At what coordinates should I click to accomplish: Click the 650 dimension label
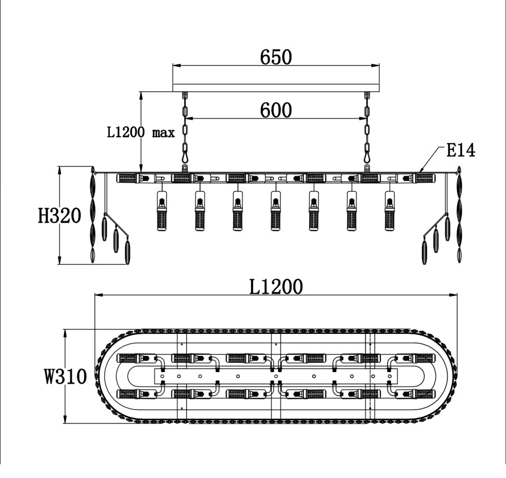click(276, 57)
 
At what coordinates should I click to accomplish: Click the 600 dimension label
click(276, 110)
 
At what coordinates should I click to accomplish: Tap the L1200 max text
click(141, 133)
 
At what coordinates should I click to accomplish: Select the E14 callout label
click(461, 150)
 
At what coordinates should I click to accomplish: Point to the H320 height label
click(59, 216)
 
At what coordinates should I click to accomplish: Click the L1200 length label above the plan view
click(276, 286)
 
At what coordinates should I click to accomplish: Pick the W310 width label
click(66, 376)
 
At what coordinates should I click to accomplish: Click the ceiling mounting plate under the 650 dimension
click(276, 88)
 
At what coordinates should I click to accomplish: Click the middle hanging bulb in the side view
click(275, 211)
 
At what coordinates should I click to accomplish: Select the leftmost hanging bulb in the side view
click(162, 211)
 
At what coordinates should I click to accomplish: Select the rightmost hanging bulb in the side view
click(390, 211)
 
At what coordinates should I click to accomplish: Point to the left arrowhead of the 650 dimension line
click(176, 66)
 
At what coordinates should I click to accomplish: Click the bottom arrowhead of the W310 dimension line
click(65, 419)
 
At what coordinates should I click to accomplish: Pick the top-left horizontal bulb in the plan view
click(137, 358)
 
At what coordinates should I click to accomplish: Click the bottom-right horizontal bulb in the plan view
click(415, 394)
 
